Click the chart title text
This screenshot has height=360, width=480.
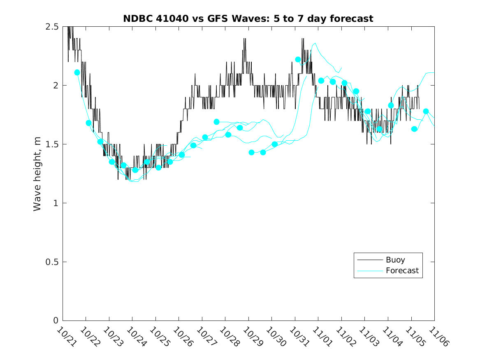coord(248,19)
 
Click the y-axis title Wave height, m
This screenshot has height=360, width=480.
coord(37,174)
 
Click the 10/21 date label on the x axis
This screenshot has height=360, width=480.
coord(65,337)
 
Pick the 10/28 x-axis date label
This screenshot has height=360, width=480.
coord(228,337)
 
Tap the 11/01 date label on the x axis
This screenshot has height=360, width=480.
coord(321,337)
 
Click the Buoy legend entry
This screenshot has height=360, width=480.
coord(395,260)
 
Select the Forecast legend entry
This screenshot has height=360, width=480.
coord(402,271)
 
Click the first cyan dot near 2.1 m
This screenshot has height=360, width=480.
coord(77,72)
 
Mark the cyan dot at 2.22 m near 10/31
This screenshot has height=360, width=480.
coord(298,59)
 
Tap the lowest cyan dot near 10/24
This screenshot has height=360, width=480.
coord(135,170)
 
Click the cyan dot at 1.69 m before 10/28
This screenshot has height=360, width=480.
coord(217,122)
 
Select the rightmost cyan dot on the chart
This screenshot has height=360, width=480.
coord(426,111)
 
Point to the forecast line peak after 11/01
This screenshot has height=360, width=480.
coord(315,43)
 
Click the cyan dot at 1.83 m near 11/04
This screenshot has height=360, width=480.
coord(391,105)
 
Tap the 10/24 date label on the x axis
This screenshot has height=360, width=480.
coord(135,337)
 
